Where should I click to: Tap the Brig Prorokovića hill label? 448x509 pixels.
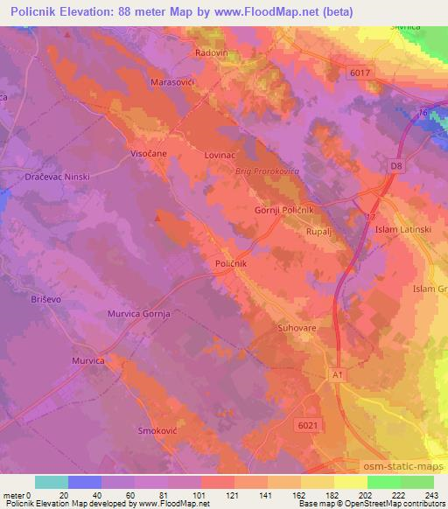coord(267,171)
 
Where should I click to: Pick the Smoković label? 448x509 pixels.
coord(158,430)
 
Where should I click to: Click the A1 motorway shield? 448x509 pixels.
coord(338,373)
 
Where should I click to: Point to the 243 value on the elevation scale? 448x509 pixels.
coord(433,495)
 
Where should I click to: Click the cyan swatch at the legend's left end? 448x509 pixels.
coord(51,482)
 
